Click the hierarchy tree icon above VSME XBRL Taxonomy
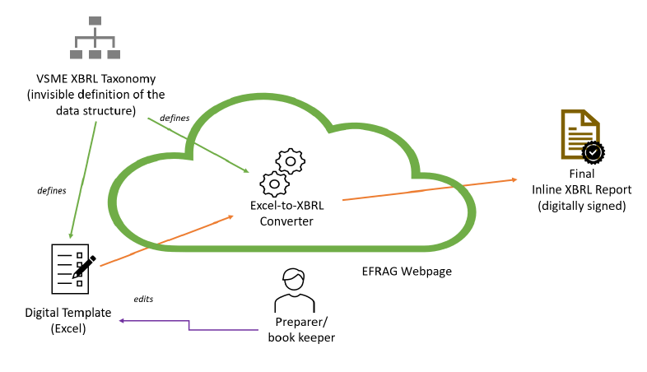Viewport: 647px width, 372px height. (x=95, y=38)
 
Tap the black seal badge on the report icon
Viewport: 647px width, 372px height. (x=593, y=152)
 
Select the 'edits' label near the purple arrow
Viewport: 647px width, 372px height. (x=143, y=299)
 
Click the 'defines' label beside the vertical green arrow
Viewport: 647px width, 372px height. (x=52, y=190)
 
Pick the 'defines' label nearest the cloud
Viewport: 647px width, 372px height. (x=175, y=118)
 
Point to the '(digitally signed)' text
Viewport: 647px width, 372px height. (x=581, y=205)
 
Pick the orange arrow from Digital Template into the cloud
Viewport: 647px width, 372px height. (x=165, y=240)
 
